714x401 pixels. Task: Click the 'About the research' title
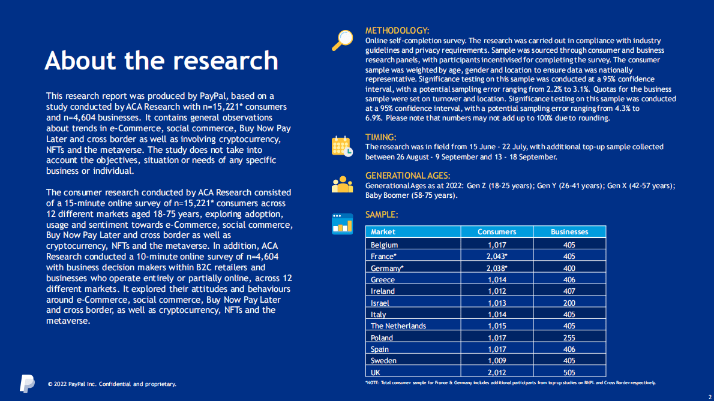pyautogui.click(x=161, y=61)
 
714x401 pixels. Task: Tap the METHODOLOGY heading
pyautogui.click(x=397, y=31)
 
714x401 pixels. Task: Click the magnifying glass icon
pyautogui.click(x=343, y=40)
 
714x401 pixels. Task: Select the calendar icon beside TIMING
pyautogui.click(x=343, y=146)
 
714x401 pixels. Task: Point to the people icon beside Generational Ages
pyautogui.click(x=343, y=184)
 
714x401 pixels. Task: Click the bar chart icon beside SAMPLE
pyautogui.click(x=343, y=224)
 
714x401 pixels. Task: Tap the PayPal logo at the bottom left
pyautogui.click(x=27, y=384)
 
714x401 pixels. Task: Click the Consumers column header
pyautogui.click(x=497, y=232)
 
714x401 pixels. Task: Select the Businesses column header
pyautogui.click(x=569, y=232)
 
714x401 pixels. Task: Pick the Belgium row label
pyautogui.click(x=384, y=245)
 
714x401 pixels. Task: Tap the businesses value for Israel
pyautogui.click(x=569, y=303)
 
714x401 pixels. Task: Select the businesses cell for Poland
pyautogui.click(x=569, y=337)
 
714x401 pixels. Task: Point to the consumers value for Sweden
pyautogui.click(x=497, y=361)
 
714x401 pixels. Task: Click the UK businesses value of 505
pyautogui.click(x=569, y=372)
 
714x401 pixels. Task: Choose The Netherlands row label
pyautogui.click(x=398, y=326)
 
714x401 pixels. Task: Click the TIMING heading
pyautogui.click(x=380, y=137)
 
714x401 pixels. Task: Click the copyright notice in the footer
pyautogui.click(x=112, y=384)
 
